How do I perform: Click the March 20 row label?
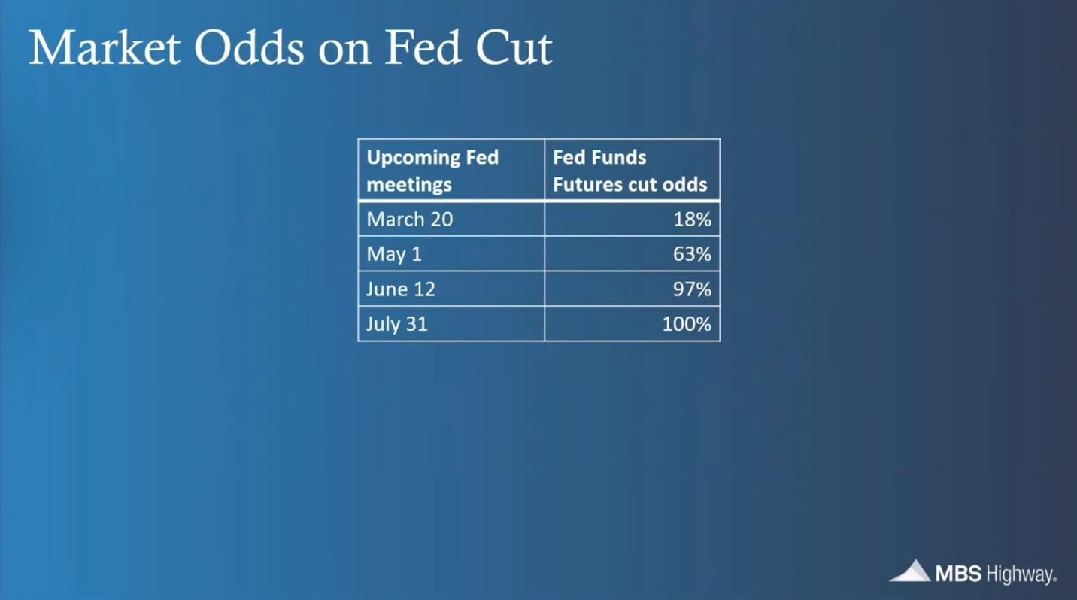coord(409,220)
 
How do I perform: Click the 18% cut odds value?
coord(692,220)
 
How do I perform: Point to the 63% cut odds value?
coord(692,255)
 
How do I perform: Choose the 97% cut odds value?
coord(692,289)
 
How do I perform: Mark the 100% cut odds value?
coord(686,325)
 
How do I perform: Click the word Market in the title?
coord(105,48)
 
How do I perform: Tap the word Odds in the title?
coord(249,48)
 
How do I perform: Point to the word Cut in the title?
coord(514,48)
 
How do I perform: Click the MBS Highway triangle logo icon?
coord(910,571)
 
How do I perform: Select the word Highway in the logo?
coord(1020,575)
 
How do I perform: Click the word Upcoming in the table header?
coord(412,158)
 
